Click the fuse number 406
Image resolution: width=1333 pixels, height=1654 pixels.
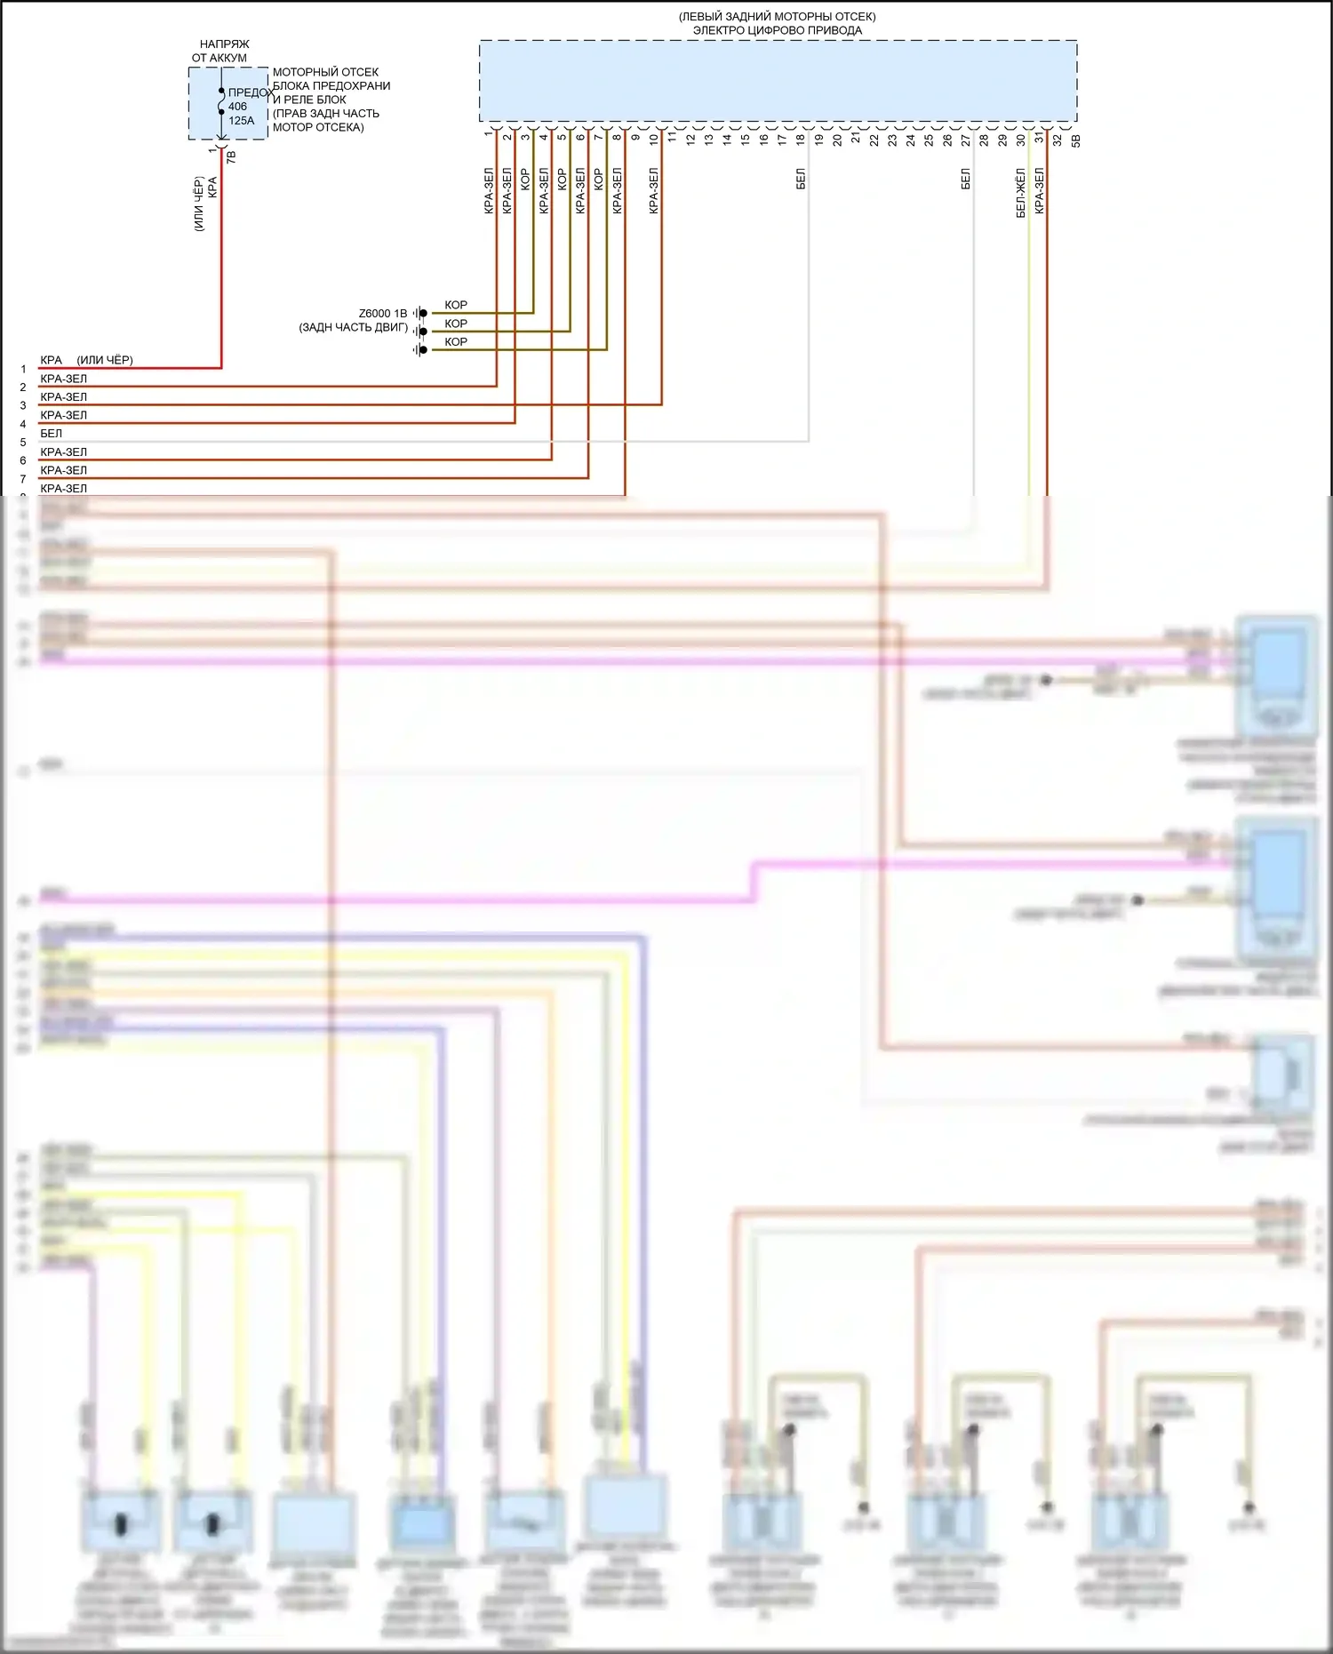click(x=237, y=107)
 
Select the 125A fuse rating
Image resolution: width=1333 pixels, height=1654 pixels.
click(x=241, y=121)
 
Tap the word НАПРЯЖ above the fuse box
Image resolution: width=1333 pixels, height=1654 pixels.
click(x=224, y=44)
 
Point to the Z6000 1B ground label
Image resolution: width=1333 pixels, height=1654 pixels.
click(x=382, y=314)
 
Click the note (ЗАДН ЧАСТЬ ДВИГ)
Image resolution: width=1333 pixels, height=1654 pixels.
click(x=353, y=328)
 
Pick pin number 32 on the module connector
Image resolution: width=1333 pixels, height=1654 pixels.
click(x=1058, y=140)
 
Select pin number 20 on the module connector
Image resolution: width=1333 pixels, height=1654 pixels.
click(x=837, y=140)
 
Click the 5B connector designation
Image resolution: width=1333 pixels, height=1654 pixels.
click(x=1076, y=140)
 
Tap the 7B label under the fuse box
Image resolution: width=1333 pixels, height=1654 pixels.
click(x=232, y=156)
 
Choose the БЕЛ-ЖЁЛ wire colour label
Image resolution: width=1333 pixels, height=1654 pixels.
click(x=1020, y=193)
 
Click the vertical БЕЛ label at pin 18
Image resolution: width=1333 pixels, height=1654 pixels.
click(x=801, y=179)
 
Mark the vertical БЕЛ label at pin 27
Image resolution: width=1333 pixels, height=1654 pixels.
click(x=966, y=179)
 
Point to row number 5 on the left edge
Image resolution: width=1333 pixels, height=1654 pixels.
click(x=23, y=443)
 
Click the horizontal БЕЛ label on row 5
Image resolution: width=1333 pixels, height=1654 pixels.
click(x=52, y=434)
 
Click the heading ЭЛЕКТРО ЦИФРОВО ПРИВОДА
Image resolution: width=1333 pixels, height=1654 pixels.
click(x=777, y=30)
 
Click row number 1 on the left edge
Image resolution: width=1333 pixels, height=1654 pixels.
click(x=23, y=369)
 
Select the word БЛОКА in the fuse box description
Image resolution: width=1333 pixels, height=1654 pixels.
click(x=290, y=86)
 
